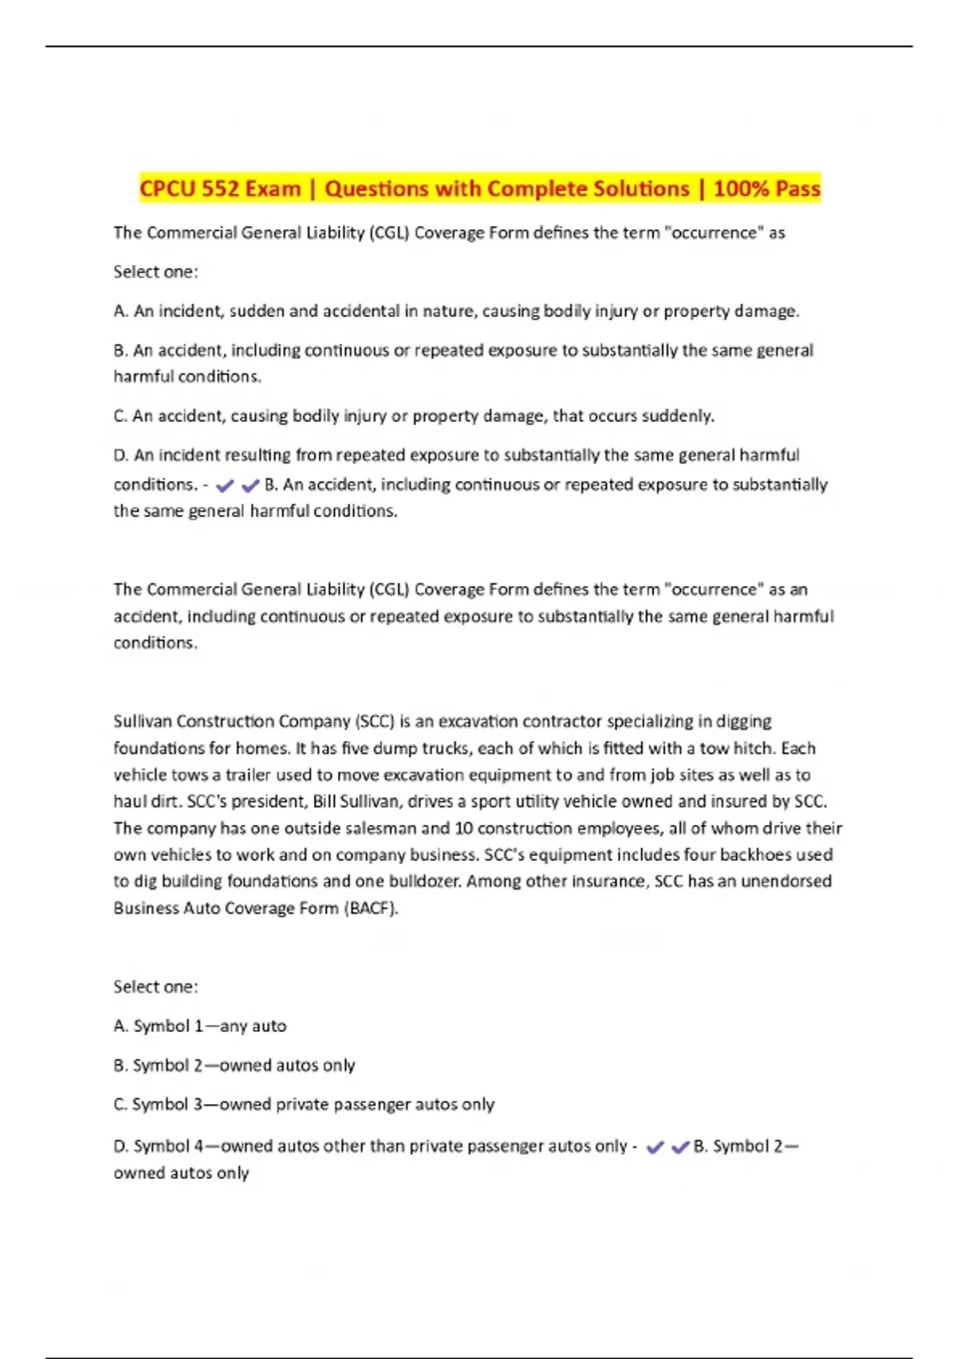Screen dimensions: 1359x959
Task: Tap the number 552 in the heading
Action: pos(220,189)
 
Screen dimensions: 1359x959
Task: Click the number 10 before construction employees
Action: pos(464,828)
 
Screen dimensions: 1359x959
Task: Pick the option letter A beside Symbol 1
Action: pos(120,1026)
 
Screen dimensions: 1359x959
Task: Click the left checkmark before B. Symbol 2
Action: pos(655,1147)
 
